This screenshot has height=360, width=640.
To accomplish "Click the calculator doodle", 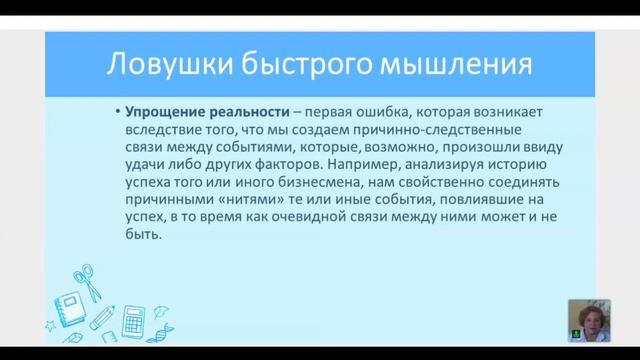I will [131, 323].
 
